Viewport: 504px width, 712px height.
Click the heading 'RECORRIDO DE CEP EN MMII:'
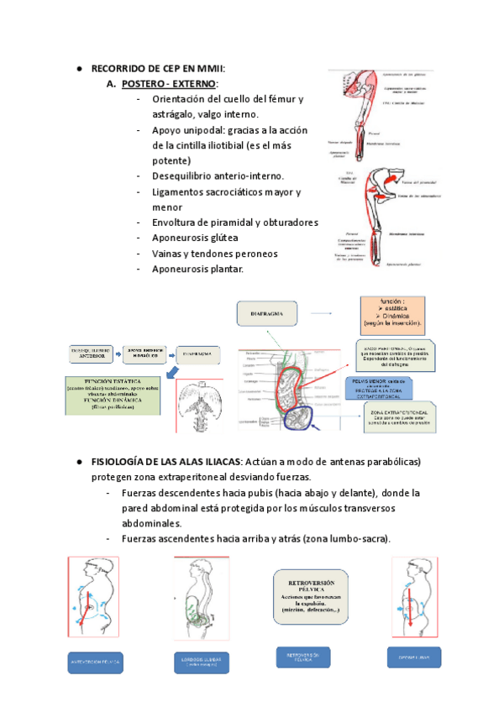point(158,69)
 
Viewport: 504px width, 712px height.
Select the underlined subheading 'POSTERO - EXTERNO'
point(169,84)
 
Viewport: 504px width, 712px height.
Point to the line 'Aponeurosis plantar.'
point(182,269)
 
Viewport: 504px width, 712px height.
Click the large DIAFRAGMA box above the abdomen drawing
point(272,314)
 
